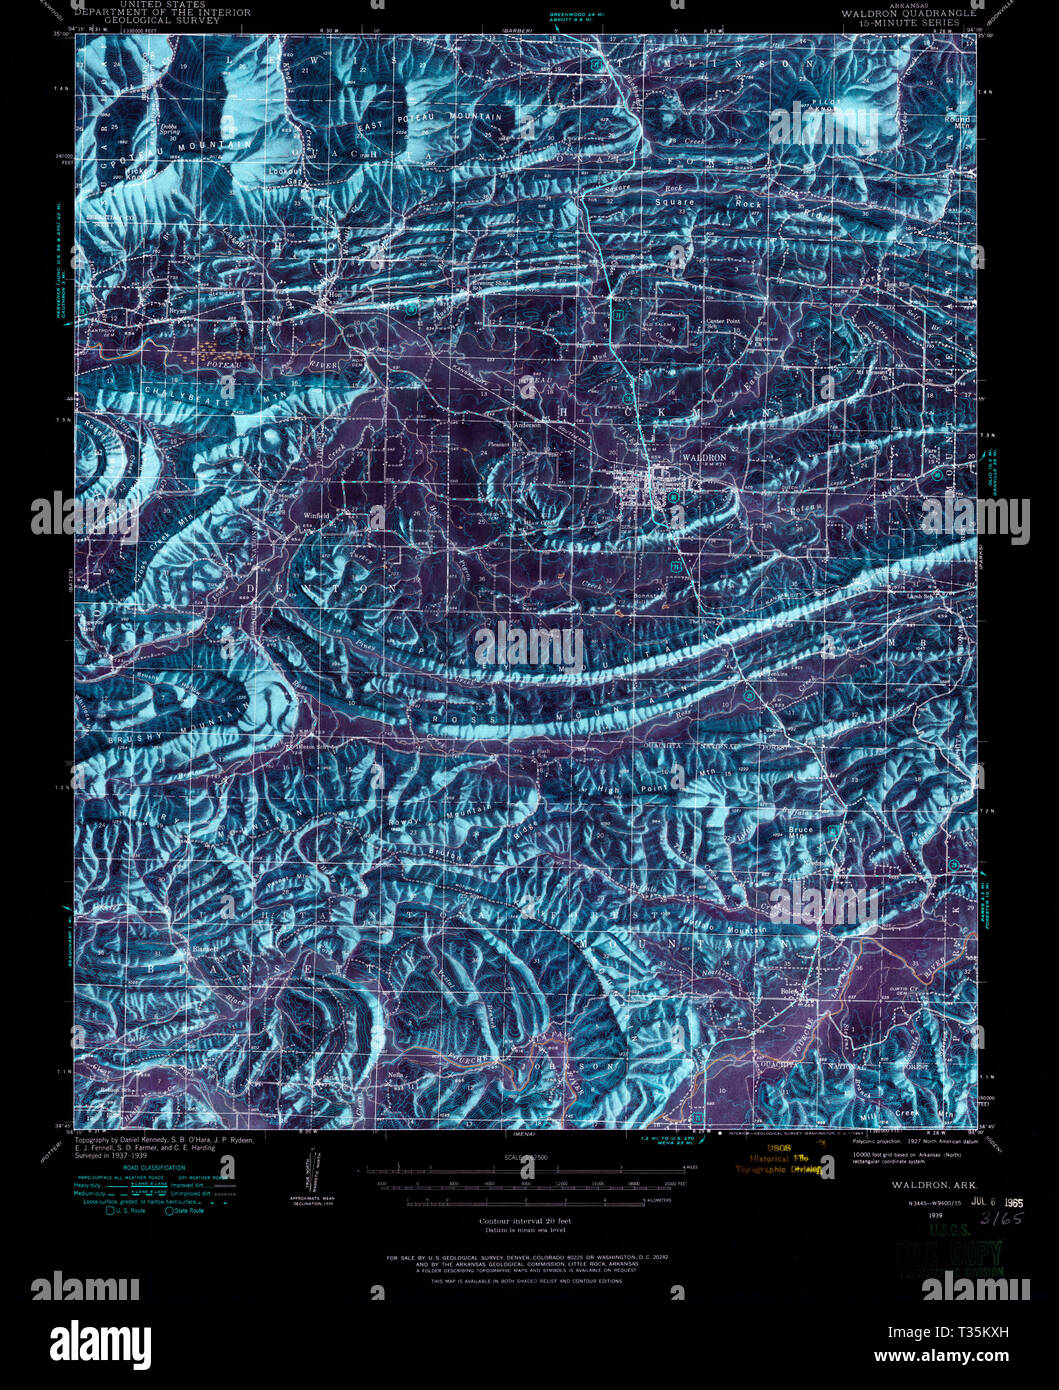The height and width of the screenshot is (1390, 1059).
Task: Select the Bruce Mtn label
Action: point(802,829)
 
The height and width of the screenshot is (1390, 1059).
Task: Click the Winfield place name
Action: point(317,516)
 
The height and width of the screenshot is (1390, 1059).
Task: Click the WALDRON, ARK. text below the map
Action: point(913,1183)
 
